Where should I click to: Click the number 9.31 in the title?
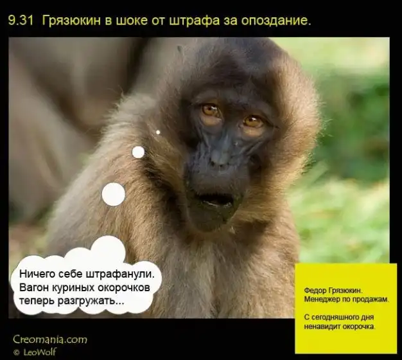(x=21, y=21)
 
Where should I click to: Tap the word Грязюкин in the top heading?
(x=71, y=21)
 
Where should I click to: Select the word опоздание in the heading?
(x=276, y=21)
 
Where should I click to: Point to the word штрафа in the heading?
(x=195, y=21)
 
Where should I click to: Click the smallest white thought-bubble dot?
(x=158, y=132)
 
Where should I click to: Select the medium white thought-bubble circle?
(x=138, y=152)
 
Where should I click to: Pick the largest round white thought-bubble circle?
(x=113, y=194)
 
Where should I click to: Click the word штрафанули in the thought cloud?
(x=120, y=274)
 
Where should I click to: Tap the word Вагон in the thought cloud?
(x=34, y=287)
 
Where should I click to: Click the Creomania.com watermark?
(x=50, y=339)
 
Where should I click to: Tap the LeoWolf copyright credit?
(x=35, y=352)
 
